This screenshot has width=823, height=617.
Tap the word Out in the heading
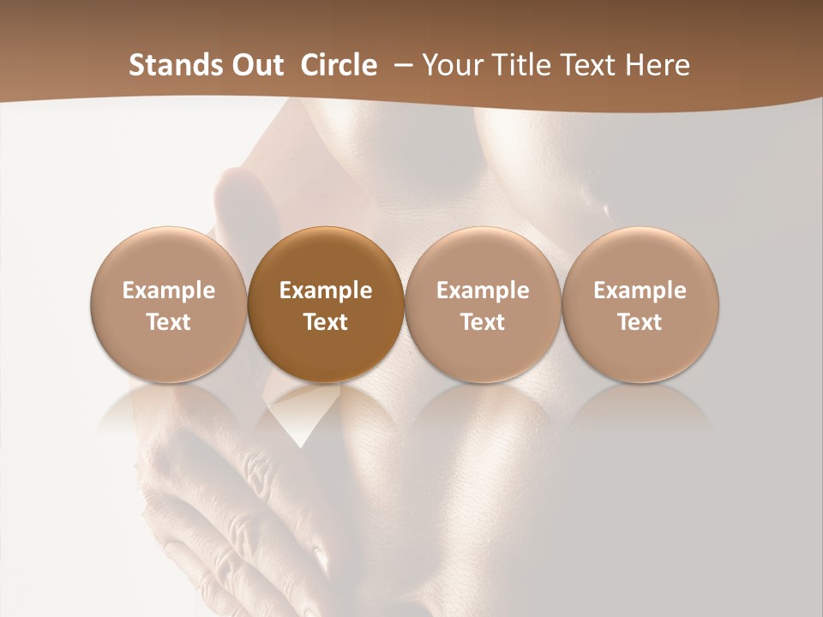pyautogui.click(x=255, y=65)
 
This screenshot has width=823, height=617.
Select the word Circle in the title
pyautogui.click(x=339, y=65)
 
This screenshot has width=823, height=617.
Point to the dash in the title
pyautogui.click(x=401, y=65)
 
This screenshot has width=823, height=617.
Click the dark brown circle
pyautogui.click(x=326, y=305)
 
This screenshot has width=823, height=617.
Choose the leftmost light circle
pyautogui.click(x=169, y=305)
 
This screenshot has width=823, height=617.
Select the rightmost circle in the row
pyautogui.click(x=640, y=305)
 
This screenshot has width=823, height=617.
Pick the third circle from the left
pyautogui.click(x=483, y=305)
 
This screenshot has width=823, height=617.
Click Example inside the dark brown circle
pyautogui.click(x=326, y=291)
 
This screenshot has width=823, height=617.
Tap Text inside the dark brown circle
pyautogui.click(x=326, y=322)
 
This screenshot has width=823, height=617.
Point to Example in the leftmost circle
pyautogui.click(x=169, y=291)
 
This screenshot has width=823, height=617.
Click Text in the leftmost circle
pyautogui.click(x=169, y=322)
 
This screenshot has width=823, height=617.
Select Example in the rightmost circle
pyautogui.click(x=640, y=291)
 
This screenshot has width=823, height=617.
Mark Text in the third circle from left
pyautogui.click(x=483, y=322)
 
